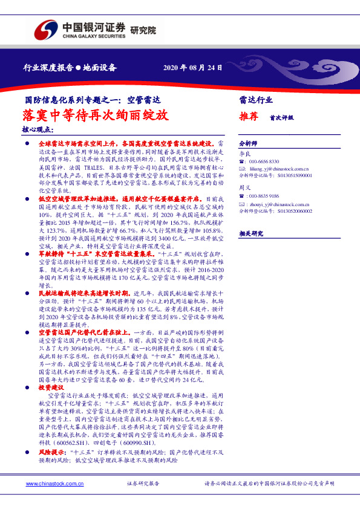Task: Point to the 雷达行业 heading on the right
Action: pos(256,100)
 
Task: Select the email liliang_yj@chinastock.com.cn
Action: pos(279,169)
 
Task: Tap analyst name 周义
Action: pos(244,188)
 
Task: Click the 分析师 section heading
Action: pos(248,144)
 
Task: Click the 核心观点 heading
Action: pos(37,130)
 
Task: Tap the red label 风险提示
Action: pos(51,452)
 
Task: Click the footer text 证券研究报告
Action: pos(143,484)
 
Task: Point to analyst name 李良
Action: pos(244,154)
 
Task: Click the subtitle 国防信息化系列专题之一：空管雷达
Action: pos(92,100)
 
